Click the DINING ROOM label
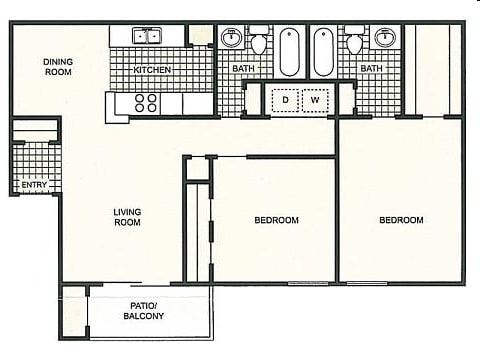click(x=58, y=67)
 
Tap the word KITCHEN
click(x=153, y=70)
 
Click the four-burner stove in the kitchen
click(x=146, y=102)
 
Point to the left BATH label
click(x=243, y=69)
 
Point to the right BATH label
click(x=370, y=69)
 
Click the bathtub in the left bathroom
click(x=289, y=52)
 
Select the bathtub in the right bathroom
click(x=325, y=52)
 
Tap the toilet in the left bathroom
click(x=258, y=42)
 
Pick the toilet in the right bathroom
click(x=355, y=42)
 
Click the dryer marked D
click(x=284, y=100)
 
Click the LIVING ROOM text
click(x=126, y=217)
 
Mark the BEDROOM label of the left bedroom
click(x=276, y=220)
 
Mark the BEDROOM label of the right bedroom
click(x=400, y=220)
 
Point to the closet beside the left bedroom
click(x=197, y=230)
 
